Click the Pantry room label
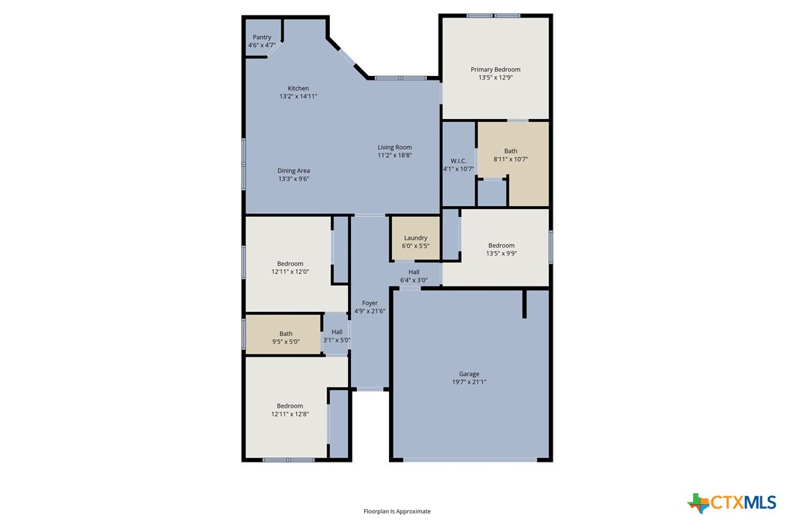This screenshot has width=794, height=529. (262, 37)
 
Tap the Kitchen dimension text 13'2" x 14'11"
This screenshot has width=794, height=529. (298, 96)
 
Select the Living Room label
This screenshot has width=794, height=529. (395, 148)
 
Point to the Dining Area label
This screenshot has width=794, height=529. (293, 171)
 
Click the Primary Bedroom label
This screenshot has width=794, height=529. (495, 69)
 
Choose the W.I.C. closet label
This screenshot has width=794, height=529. (458, 161)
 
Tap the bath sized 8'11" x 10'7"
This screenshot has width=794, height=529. (510, 155)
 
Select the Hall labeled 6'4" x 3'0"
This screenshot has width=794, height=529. (414, 276)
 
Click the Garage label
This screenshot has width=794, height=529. (469, 374)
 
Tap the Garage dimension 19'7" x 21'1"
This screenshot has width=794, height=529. (469, 382)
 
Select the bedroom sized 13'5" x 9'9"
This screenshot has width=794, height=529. (502, 250)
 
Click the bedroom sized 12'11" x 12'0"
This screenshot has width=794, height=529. (290, 267)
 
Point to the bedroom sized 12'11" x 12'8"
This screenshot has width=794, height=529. (290, 410)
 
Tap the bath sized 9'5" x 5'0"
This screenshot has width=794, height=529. (285, 337)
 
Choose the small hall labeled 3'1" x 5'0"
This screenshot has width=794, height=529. (336, 336)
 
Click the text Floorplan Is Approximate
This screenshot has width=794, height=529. (397, 511)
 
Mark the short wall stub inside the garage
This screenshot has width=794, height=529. (524, 304)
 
